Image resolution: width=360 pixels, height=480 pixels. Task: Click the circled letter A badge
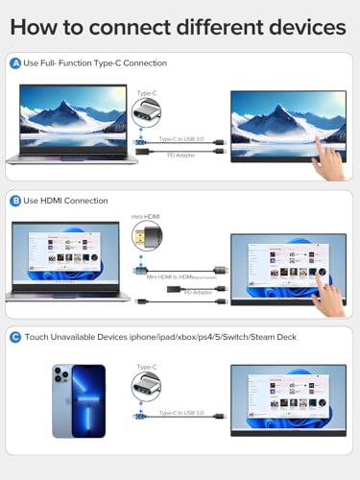click(15, 63)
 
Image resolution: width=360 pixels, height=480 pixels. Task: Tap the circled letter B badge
click(15, 201)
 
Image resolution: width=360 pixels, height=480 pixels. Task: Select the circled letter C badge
click(15, 337)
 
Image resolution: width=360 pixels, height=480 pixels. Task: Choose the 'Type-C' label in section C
click(147, 367)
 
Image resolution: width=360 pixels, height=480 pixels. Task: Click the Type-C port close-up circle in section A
click(147, 117)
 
